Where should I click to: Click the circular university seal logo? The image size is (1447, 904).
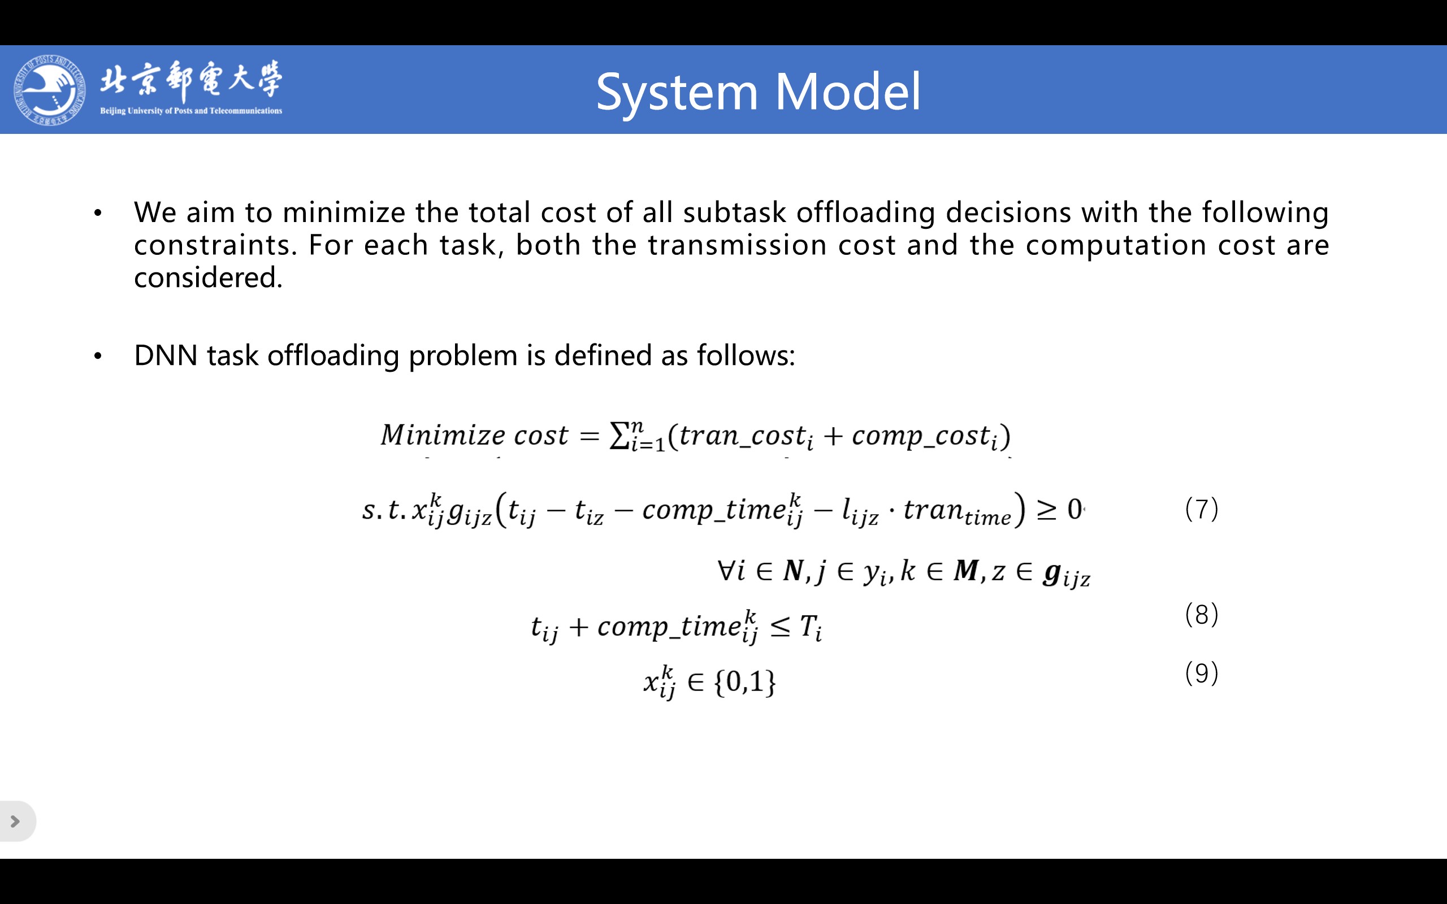(x=50, y=90)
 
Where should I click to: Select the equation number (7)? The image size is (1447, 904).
(x=1201, y=509)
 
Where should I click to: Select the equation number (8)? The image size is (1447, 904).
(x=1201, y=614)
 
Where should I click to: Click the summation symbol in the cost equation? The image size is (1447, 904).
(x=619, y=434)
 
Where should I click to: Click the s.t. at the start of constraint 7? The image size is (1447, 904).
(x=384, y=510)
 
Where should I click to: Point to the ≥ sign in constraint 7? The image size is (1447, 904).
(x=1046, y=510)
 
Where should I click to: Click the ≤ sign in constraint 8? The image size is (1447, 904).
(x=780, y=627)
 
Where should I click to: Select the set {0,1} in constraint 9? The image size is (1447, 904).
(x=745, y=681)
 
